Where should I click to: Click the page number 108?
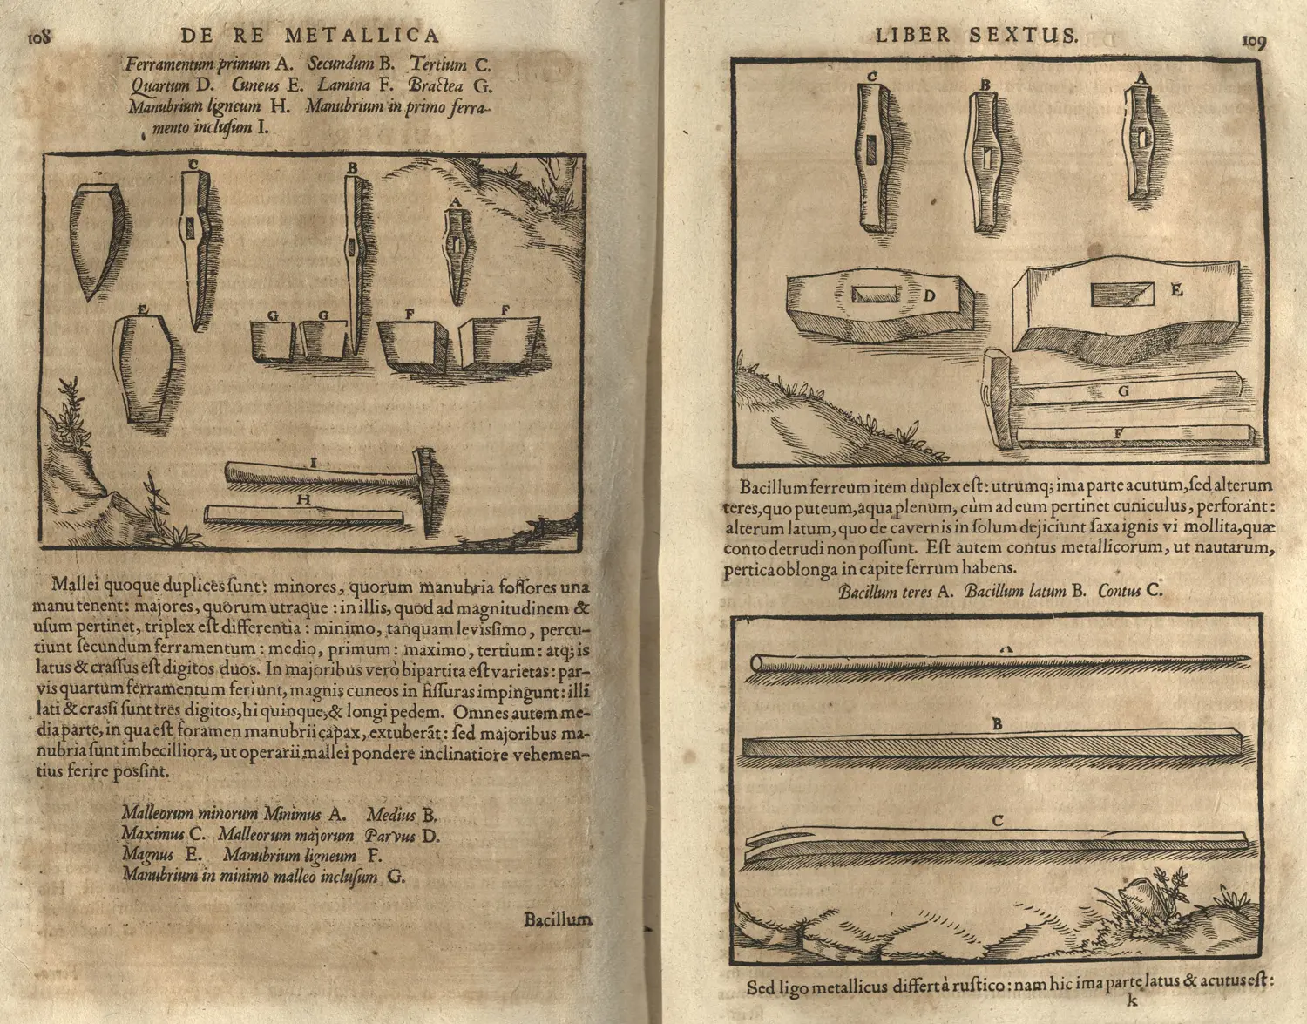point(40,37)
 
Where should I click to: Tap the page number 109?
point(1253,40)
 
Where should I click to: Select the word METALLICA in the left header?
point(362,36)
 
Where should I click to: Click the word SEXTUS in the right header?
point(1024,36)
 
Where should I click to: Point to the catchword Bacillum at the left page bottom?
point(557,919)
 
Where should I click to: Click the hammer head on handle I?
point(428,492)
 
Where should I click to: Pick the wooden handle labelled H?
point(305,514)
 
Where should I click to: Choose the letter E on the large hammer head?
point(1176,290)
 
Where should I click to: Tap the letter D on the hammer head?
point(929,295)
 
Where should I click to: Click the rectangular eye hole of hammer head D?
point(874,295)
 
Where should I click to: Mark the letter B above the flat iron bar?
point(997,724)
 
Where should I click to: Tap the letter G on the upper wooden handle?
point(1124,391)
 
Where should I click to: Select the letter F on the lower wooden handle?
point(1119,433)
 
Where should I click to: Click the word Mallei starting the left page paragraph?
point(76,585)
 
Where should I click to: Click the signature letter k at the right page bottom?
point(1133,1001)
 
